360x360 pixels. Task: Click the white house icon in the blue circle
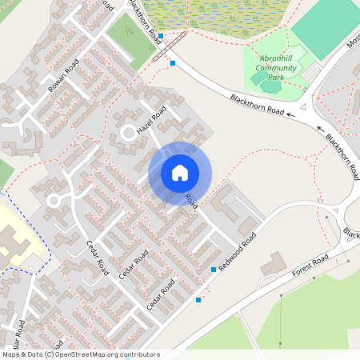click(180, 172)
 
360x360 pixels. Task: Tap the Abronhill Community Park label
click(276, 68)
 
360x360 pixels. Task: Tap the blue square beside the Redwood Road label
click(214, 270)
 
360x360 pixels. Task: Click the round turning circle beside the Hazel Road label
click(127, 133)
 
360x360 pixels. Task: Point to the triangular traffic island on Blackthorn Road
click(304, 109)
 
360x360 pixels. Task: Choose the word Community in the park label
click(276, 68)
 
